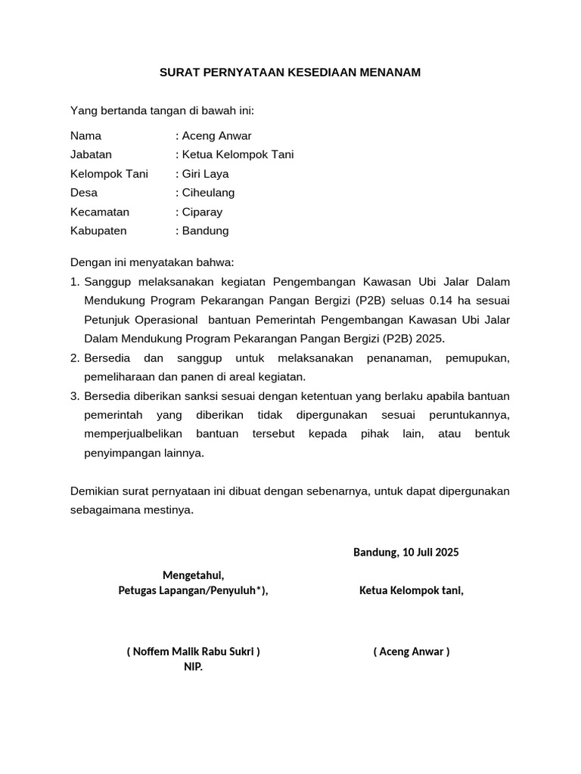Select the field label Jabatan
point(91,155)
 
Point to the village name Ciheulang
point(208,193)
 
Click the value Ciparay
point(202,212)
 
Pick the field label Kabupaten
point(98,231)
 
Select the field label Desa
point(84,193)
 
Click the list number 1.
point(74,282)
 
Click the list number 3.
point(74,396)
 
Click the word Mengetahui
point(193,576)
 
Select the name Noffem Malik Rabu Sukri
point(194,652)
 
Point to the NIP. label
point(194,667)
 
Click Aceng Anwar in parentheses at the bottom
point(412,652)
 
